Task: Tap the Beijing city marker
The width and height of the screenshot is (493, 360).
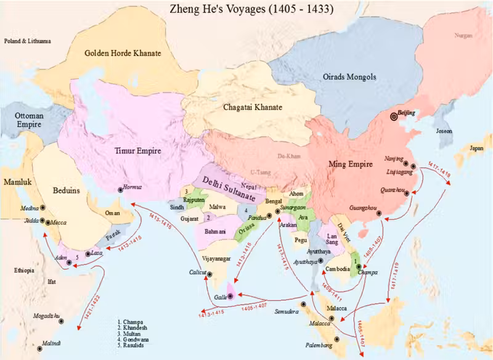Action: point(394,116)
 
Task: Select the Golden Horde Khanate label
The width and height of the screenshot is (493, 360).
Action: point(123,54)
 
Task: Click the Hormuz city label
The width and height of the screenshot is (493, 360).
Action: point(132,186)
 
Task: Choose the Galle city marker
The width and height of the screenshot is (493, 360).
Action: point(229,296)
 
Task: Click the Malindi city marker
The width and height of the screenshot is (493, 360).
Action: point(40,349)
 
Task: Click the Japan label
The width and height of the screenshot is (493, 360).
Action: point(476,149)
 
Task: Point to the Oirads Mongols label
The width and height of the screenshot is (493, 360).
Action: point(349,77)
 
